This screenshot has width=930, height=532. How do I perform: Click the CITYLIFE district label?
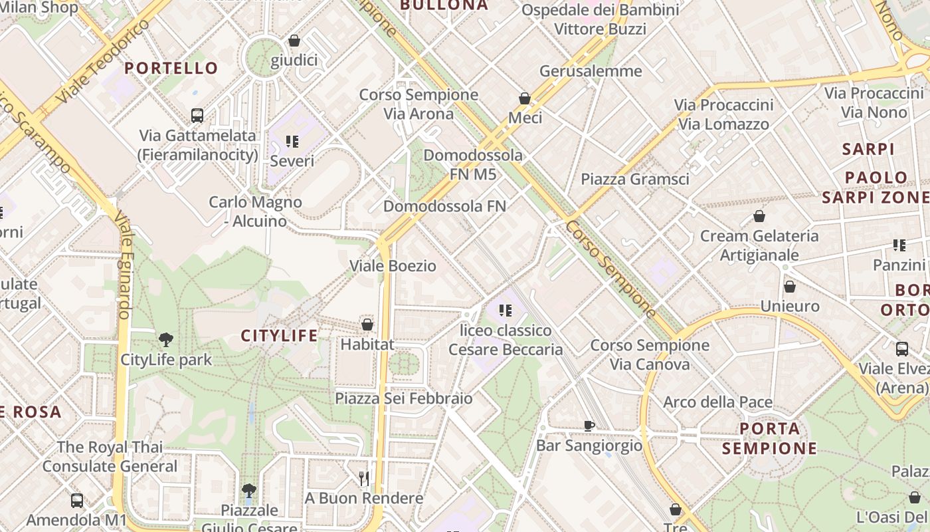(x=279, y=336)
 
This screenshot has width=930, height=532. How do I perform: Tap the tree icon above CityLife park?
(x=166, y=340)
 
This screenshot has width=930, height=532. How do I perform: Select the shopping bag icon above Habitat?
(x=367, y=325)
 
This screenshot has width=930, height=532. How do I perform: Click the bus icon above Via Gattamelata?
(x=197, y=115)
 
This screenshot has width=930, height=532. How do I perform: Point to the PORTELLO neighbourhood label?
(x=171, y=68)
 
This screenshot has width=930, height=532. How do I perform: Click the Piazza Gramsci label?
(x=634, y=179)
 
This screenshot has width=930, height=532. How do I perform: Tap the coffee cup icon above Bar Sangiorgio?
(x=589, y=426)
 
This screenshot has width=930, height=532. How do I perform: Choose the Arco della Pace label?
(x=717, y=402)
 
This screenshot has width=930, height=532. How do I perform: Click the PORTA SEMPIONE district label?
(x=769, y=438)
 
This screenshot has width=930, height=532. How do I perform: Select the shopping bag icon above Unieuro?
(x=790, y=287)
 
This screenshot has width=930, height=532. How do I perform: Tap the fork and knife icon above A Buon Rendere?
(x=363, y=478)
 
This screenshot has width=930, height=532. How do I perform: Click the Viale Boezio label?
(x=393, y=266)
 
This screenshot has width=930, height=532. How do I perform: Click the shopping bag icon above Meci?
(x=525, y=98)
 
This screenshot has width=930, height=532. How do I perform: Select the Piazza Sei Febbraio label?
(x=403, y=398)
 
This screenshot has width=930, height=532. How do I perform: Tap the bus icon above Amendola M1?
(x=77, y=500)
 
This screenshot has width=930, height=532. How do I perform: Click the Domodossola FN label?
(x=444, y=206)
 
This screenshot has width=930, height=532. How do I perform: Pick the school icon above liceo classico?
(x=506, y=310)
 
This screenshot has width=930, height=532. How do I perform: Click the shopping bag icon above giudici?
(x=294, y=41)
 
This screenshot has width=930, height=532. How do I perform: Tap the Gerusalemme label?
(x=591, y=71)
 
